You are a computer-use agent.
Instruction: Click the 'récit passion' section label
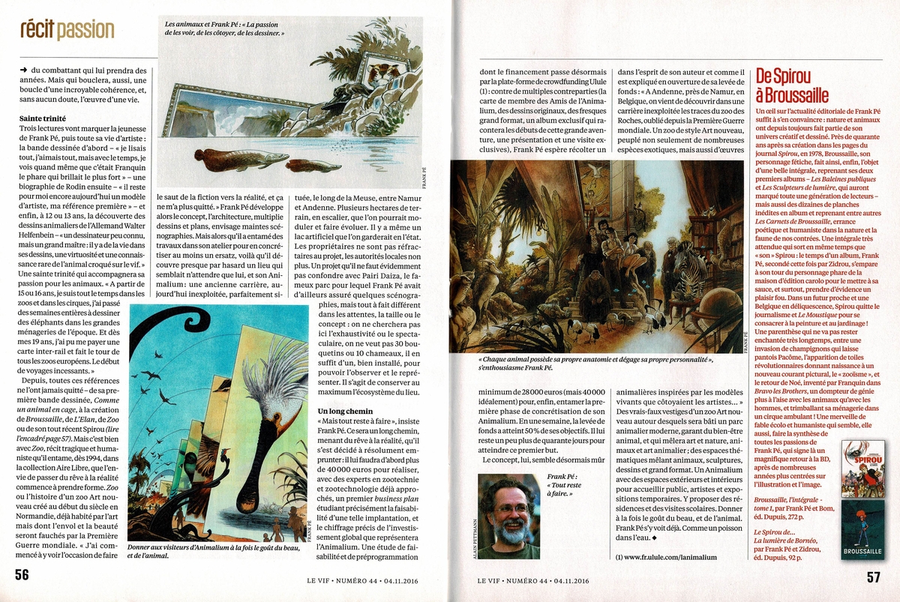pyautogui.click(x=67, y=30)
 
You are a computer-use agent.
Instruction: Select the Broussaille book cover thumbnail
pyautogui.click(x=857, y=530)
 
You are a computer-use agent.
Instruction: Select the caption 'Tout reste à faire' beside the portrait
pyautogui.click(x=564, y=487)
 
